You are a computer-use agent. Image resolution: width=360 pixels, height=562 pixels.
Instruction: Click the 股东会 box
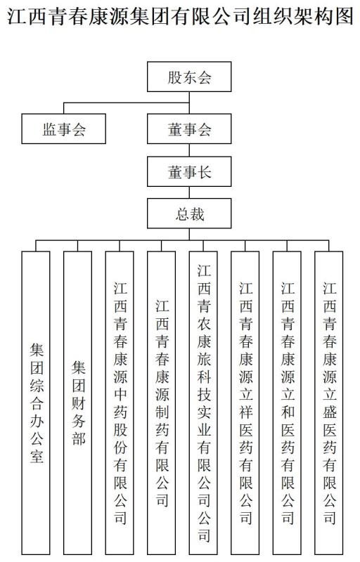pyautogui.click(x=189, y=77)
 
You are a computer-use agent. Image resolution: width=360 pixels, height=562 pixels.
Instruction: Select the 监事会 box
pyautogui.click(x=63, y=129)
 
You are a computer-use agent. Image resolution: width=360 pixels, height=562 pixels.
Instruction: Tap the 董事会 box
pyautogui.click(x=189, y=129)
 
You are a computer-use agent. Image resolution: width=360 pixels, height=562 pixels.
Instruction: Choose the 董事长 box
pyautogui.click(x=189, y=171)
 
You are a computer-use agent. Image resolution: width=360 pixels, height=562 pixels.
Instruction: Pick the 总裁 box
pyautogui.click(x=189, y=214)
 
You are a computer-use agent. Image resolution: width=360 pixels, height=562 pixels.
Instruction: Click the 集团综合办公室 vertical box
pyautogui.click(x=36, y=403)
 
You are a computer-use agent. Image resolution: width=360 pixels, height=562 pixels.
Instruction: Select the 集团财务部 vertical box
pyautogui.click(x=78, y=403)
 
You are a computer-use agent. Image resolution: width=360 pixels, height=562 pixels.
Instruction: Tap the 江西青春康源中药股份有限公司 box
pyautogui.click(x=120, y=403)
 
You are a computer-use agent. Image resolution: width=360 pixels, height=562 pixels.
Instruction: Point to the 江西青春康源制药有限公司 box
pyautogui.click(x=161, y=403)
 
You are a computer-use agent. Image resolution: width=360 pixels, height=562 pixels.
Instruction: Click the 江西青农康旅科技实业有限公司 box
pyautogui.click(x=203, y=403)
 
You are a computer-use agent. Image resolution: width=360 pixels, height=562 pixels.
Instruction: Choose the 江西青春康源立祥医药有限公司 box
pyautogui.click(x=245, y=403)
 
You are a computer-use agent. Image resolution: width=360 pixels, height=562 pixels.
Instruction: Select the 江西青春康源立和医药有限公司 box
pyautogui.click(x=287, y=403)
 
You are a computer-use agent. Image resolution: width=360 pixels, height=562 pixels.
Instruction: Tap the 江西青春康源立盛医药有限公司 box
pyautogui.click(x=329, y=403)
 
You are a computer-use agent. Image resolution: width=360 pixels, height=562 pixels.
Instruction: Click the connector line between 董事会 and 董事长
pyautogui.click(x=189, y=150)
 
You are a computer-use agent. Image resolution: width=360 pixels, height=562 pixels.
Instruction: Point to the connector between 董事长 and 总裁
pyautogui.click(x=189, y=192)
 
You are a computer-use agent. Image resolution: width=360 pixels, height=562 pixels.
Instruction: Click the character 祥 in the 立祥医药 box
pyautogui.click(x=245, y=412)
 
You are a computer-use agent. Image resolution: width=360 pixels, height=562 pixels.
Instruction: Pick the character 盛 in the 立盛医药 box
pyautogui.click(x=329, y=412)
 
